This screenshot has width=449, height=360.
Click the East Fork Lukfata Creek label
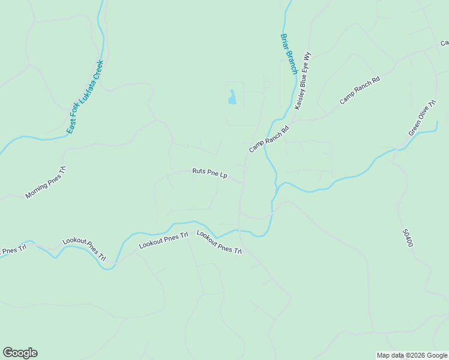86,96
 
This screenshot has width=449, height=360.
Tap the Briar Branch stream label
289,54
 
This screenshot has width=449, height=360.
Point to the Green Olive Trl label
422,118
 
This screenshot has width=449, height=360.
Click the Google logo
20,353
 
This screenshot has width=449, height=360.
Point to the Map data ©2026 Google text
411,355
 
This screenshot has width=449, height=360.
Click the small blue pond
232,97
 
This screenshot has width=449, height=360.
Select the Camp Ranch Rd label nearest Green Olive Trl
360,91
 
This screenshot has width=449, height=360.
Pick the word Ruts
199,171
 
